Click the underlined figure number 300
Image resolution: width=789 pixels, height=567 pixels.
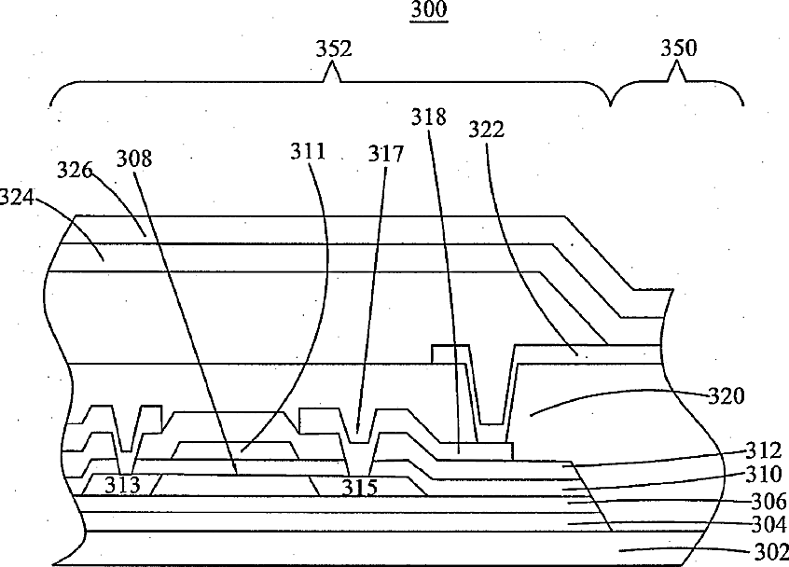click(429, 9)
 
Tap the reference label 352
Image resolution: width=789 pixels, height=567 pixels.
click(334, 49)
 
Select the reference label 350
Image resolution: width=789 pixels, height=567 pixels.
click(679, 48)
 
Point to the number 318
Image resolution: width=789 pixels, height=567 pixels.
click(429, 117)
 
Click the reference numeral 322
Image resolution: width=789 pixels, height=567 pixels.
click(486, 130)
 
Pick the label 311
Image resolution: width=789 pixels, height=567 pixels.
click(308, 151)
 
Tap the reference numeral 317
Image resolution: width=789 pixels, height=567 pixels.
click(386, 154)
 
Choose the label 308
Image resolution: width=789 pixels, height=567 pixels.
click(134, 159)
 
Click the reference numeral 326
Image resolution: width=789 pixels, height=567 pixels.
click(75, 170)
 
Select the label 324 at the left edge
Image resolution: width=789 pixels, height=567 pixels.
click(17, 197)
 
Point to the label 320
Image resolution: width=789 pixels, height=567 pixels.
click(727, 396)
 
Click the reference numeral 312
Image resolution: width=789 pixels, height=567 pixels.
click(763, 450)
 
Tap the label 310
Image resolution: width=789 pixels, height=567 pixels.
click(764, 475)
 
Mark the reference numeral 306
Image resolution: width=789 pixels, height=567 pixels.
click(769, 501)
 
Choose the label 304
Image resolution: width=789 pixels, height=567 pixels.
click(769, 525)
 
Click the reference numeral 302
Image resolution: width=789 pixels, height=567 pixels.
click(771, 552)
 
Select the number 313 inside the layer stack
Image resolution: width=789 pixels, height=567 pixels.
click(122, 486)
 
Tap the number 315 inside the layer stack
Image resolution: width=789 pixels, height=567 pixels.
click(359, 487)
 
